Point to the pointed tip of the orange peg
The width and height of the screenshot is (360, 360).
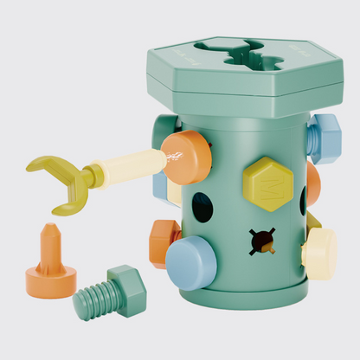(49, 232)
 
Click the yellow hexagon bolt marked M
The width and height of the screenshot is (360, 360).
(267, 183)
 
